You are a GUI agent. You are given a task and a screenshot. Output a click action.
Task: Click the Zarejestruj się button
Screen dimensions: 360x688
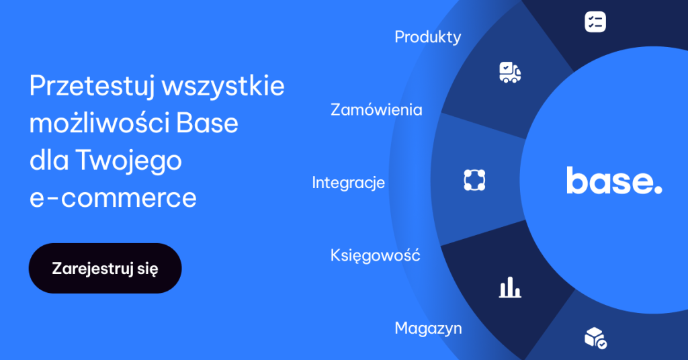[105, 269]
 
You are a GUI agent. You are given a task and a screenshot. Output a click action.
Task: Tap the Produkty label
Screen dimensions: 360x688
[428, 37]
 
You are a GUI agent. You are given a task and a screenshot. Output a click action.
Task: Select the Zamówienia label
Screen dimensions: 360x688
[376, 109]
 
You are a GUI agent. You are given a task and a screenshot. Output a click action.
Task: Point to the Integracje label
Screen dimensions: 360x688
[348, 182]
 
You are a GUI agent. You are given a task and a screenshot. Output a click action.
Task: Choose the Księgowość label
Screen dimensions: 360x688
[375, 255]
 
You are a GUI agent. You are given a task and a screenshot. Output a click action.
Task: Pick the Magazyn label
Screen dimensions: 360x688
[428, 328]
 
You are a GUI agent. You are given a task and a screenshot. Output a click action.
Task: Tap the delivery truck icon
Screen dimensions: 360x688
[510, 72]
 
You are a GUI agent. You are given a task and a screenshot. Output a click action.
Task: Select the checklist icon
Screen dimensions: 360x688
[595, 21]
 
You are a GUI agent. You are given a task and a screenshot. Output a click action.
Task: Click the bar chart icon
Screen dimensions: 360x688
[510, 287]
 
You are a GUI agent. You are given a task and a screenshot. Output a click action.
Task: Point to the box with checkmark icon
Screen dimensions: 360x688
[595, 338]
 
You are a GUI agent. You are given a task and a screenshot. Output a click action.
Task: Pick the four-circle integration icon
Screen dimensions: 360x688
[474, 179]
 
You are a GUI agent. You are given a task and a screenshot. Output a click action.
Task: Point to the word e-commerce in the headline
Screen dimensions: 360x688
[113, 198]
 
